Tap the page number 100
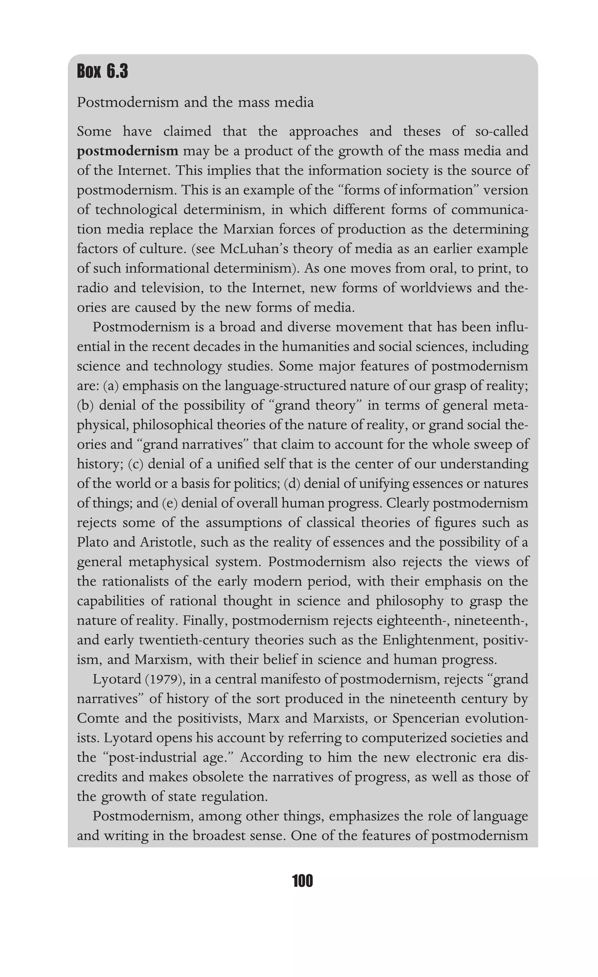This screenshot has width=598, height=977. point(302,881)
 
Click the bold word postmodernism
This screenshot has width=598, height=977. point(128,151)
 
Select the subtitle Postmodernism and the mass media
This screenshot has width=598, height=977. point(195,102)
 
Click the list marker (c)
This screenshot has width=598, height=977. point(135,464)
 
